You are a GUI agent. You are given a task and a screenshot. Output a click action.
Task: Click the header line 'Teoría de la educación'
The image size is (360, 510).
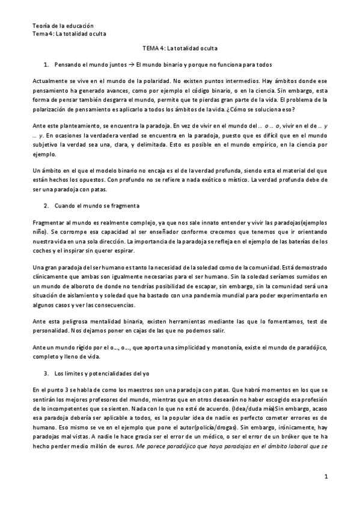(63, 26)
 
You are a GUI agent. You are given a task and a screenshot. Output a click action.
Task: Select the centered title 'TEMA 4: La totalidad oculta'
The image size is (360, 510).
(180, 48)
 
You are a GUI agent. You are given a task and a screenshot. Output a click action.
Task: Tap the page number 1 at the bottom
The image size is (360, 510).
(325, 477)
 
